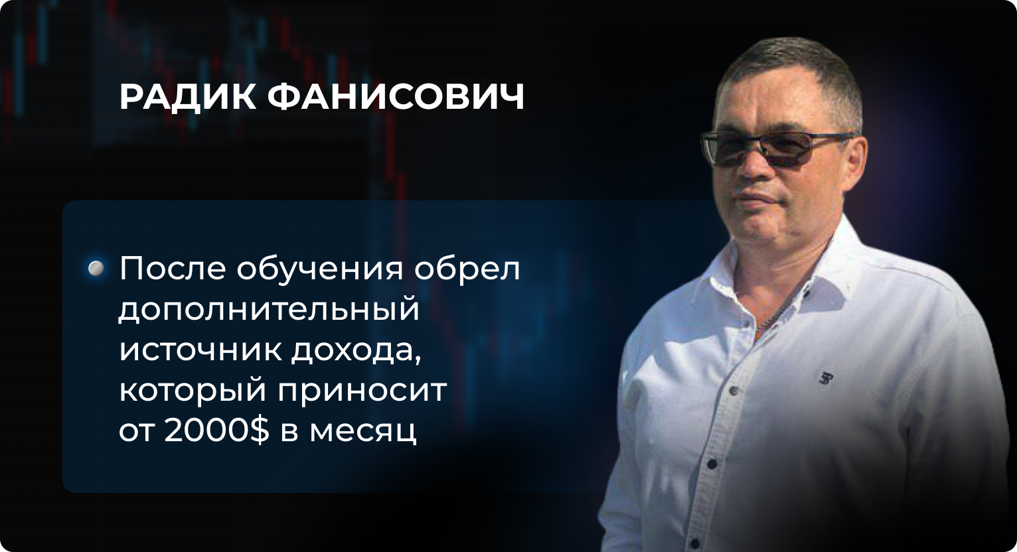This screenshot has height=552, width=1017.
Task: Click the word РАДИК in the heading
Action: (187, 97)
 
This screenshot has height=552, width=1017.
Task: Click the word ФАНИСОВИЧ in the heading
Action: (396, 97)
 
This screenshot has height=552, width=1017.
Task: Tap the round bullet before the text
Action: (96, 269)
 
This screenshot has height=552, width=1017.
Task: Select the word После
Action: (173, 269)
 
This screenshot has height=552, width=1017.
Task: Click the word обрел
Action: (467, 269)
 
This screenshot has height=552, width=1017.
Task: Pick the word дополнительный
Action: (270, 309)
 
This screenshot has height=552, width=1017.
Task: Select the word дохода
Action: (357, 352)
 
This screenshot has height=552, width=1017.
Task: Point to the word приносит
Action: (362, 393)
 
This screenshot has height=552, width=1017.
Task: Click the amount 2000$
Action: (216, 431)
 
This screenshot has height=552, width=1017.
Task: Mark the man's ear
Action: (855, 161)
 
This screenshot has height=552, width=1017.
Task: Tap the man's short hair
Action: (790, 72)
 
